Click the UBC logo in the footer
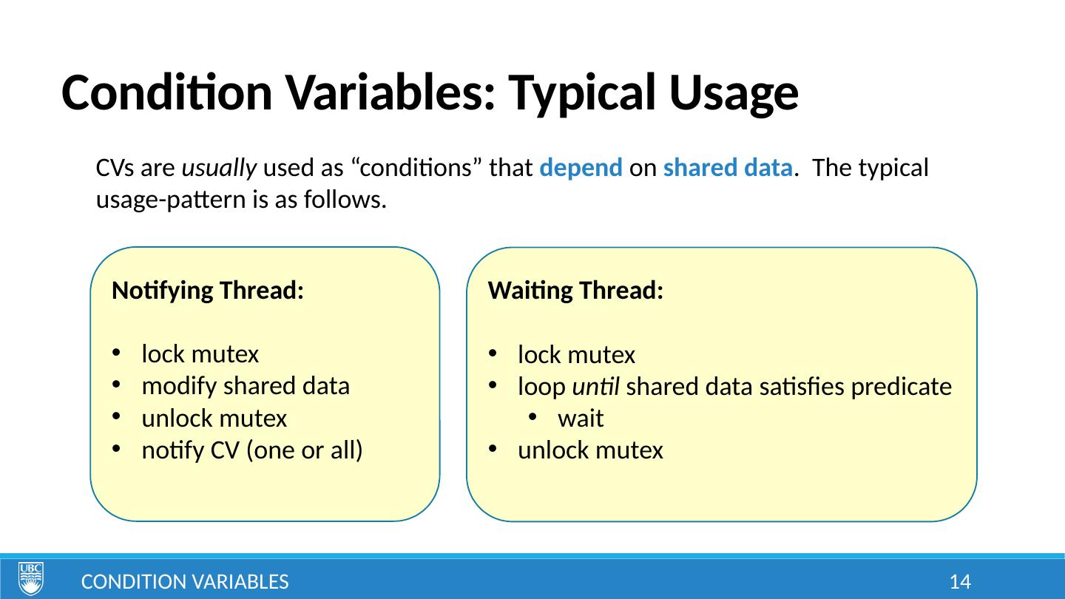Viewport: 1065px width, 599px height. point(31,578)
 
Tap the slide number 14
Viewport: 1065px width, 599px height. point(960,582)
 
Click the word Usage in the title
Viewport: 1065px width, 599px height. point(734,93)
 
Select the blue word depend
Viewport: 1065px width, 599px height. point(581,168)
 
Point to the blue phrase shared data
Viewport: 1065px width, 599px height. point(728,167)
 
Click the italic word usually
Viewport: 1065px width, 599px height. point(219,169)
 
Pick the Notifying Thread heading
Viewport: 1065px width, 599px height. point(208,291)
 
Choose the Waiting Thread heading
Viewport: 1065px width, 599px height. point(575,291)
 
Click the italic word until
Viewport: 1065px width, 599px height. point(596,386)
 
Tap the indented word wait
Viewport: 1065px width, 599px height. point(581,419)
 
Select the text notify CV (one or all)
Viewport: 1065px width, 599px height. point(252,450)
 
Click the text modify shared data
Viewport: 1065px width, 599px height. point(246,386)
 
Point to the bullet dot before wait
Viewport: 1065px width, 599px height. point(532,417)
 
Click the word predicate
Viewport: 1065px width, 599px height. point(902,387)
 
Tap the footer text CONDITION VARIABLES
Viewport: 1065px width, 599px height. point(185,582)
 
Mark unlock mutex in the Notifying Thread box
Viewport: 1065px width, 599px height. point(214,419)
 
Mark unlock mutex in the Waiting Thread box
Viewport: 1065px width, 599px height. point(590,450)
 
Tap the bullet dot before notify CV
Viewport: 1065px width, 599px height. point(116,448)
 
